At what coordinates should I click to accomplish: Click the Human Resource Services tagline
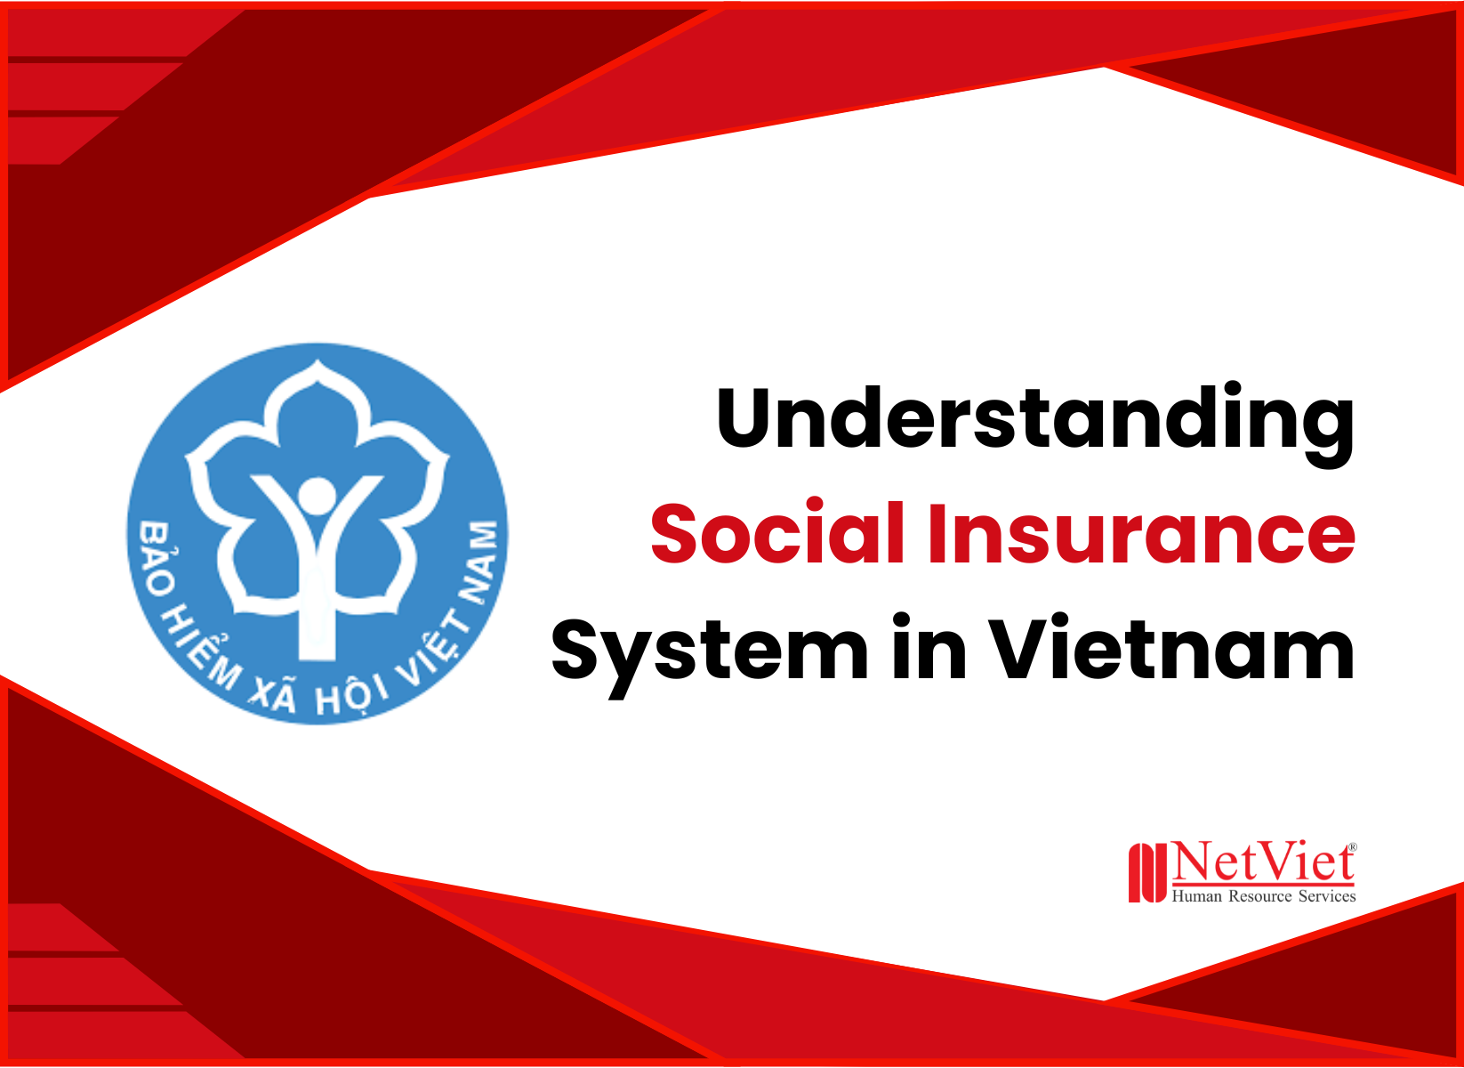[x=1263, y=896]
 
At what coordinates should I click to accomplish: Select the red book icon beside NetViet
[x=1146, y=873]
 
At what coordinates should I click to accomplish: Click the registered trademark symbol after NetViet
[x=1353, y=847]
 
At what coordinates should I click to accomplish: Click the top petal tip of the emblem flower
[x=317, y=364]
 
